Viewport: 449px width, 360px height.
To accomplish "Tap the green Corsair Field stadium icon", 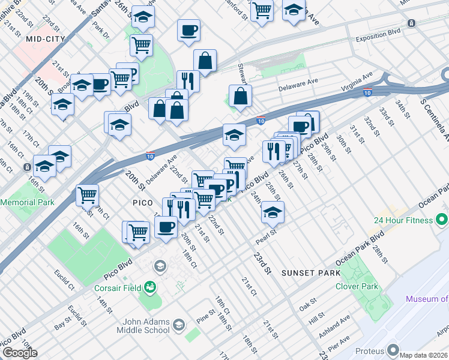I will (x=148, y=287).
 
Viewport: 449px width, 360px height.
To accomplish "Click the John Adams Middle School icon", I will (x=178, y=325).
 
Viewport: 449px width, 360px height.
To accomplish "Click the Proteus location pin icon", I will (x=393, y=349).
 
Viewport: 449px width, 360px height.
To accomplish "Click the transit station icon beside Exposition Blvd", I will (x=411, y=23).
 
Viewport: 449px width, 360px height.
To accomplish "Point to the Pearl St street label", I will (x=268, y=232).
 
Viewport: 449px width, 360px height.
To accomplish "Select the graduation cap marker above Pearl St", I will (x=273, y=212).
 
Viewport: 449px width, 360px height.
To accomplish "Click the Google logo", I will (x=20, y=352).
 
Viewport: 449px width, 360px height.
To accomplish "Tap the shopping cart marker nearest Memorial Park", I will (x=88, y=195).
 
